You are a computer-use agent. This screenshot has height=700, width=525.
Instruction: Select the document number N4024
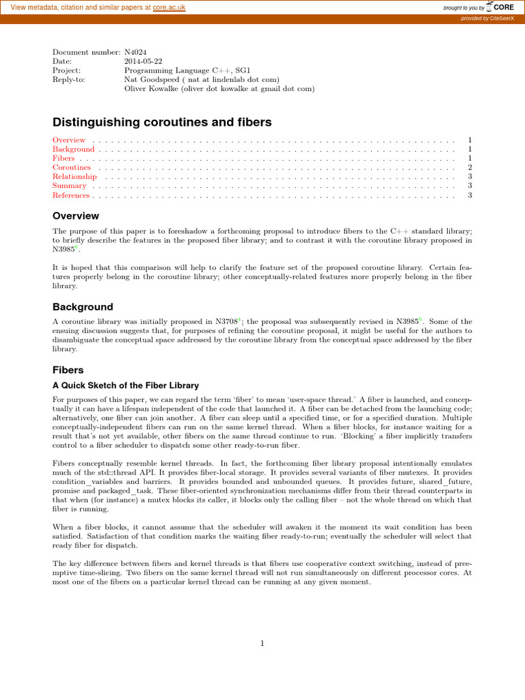(x=135, y=52)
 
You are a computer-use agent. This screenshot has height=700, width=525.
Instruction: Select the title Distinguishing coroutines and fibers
(x=162, y=122)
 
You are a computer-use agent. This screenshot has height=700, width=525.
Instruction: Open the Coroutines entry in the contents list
(x=72, y=167)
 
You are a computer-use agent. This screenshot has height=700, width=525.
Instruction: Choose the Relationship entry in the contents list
(x=75, y=176)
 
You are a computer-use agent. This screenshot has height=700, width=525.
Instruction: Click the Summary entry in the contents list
(x=69, y=186)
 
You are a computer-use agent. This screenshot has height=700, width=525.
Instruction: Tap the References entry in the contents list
(x=71, y=196)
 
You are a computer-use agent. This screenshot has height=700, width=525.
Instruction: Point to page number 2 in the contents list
(x=470, y=167)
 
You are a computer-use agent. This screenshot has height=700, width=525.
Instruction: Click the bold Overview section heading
(x=76, y=216)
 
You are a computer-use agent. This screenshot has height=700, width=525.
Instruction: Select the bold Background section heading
(x=83, y=307)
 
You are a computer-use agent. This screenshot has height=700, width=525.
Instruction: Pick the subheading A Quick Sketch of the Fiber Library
(x=126, y=386)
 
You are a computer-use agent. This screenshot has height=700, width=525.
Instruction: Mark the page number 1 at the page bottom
(x=262, y=643)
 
